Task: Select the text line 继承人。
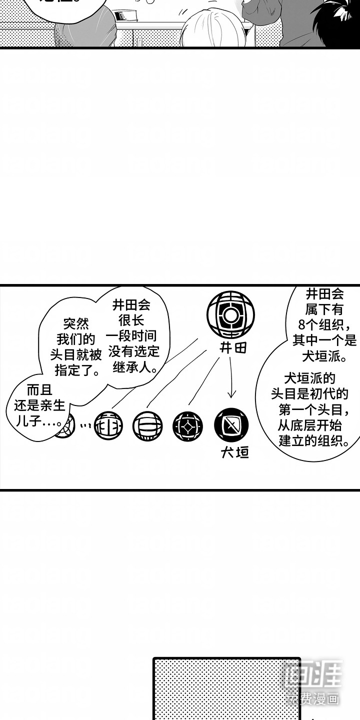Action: coord(132,367)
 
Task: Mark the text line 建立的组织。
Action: coord(312,441)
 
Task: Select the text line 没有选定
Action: coord(132,351)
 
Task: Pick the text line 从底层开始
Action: coord(312,426)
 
